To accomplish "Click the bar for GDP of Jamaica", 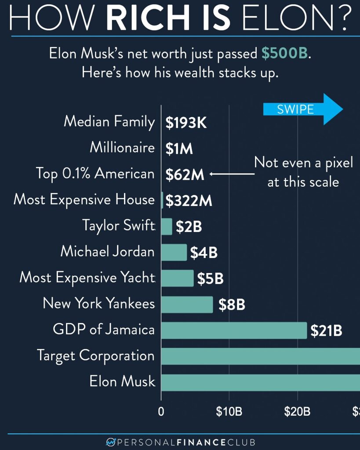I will pyautogui.click(x=234, y=330).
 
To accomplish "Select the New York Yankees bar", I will pyautogui.click(x=187, y=304).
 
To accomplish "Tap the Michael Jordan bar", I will pyautogui.click(x=174, y=252).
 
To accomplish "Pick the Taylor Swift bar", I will pyautogui.click(x=167, y=226).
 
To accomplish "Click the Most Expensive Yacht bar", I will pyautogui.click(x=177, y=278).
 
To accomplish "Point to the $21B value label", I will pyautogui.click(x=326, y=330).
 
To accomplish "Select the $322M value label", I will pyautogui.click(x=189, y=201).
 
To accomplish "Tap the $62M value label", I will pyautogui.click(x=185, y=175).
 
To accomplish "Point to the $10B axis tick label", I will pyautogui.click(x=229, y=412).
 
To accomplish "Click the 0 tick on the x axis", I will pyautogui.click(x=161, y=412).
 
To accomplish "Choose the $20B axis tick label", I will pyautogui.click(x=297, y=412).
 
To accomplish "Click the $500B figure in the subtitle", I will pyautogui.click(x=284, y=54).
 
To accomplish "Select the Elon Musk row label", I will pyautogui.click(x=122, y=381).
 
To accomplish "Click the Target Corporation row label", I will pyautogui.click(x=95, y=356).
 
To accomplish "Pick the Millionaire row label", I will pyautogui.click(x=122, y=147).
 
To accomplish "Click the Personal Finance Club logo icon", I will pyautogui.click(x=110, y=442).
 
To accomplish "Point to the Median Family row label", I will pyautogui.click(x=109, y=121).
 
